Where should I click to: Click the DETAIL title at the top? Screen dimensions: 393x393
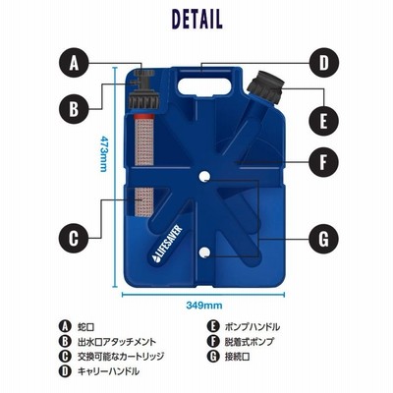coord(196,19)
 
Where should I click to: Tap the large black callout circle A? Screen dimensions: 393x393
coord(75,63)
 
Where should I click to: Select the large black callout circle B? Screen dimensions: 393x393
coord(74,108)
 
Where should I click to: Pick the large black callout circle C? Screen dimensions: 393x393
coord(74,238)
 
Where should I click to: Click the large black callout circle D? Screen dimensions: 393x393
coord(323,63)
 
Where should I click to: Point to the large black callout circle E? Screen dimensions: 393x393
coord(323,122)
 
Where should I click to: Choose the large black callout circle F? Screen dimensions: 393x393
coord(323,162)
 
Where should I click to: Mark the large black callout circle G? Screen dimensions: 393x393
coord(323,239)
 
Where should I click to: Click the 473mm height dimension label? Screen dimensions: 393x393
coord(103,153)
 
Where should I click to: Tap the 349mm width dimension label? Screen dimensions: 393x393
coord(204,306)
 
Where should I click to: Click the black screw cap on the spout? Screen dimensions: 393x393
coord(264,85)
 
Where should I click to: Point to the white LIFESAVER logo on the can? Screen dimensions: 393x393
coord(167,244)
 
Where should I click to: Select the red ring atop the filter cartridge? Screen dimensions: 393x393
coord(143,117)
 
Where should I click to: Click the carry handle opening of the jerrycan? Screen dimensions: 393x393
coord(204,86)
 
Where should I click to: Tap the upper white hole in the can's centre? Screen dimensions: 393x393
coord(204,176)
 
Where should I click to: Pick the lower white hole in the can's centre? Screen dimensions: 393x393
coord(204,252)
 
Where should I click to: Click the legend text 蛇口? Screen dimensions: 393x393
coord(86,327)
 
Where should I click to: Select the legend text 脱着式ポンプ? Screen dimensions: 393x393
coord(249,342)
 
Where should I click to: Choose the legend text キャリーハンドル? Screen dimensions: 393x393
coord(108,371)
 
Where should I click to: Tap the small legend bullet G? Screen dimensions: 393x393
coord(213,357)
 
